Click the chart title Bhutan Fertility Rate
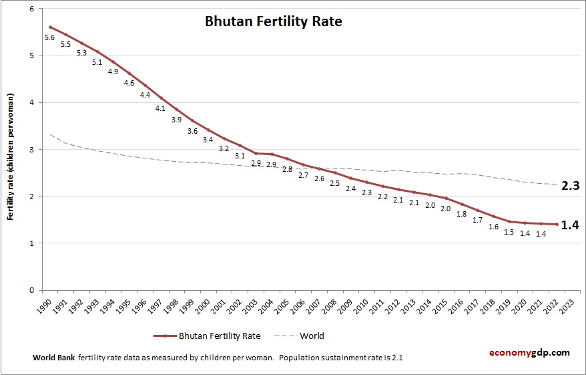coord(273,22)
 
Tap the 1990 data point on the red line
coord(50,27)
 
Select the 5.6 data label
coord(49,37)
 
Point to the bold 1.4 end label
coord(569,225)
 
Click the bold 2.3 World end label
coord(569,186)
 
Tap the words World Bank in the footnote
coord(54,358)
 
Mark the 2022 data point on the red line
coord(557,225)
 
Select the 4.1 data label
coord(160,108)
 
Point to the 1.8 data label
coord(461,214)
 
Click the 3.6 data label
coord(192,131)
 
